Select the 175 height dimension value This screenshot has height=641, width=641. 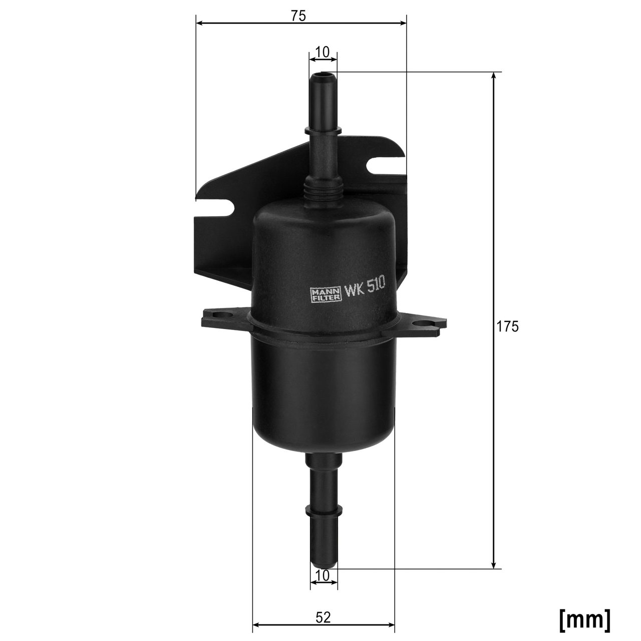506,327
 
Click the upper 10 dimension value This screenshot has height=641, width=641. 323,52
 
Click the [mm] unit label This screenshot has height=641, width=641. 585,619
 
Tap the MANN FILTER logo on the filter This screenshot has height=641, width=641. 326,294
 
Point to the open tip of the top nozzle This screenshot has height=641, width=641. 323,77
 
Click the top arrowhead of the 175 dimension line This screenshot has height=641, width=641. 494,75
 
